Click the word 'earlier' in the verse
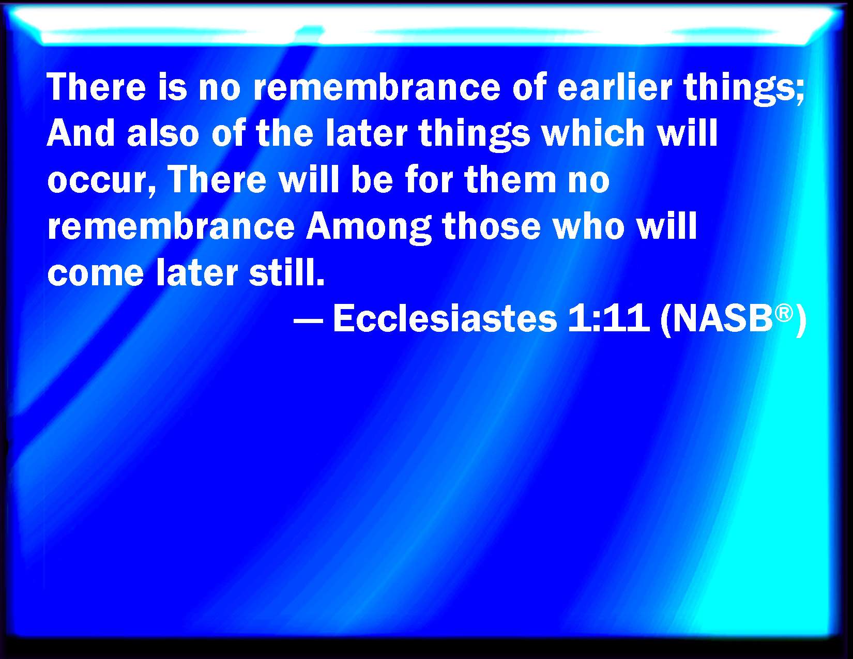click(x=615, y=87)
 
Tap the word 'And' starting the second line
click(x=81, y=133)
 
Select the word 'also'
click(x=163, y=133)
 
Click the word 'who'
click(x=588, y=226)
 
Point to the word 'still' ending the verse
click(x=287, y=271)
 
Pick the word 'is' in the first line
click(x=172, y=87)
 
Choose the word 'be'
click(x=372, y=179)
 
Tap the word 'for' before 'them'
click(x=429, y=179)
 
